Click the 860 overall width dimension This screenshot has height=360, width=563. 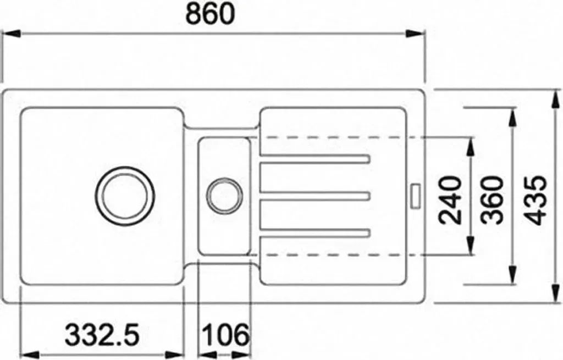210,14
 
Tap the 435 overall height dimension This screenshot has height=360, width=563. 536,200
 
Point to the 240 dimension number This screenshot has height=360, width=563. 450,200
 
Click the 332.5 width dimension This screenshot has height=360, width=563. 102,335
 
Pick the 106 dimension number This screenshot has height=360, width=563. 225,335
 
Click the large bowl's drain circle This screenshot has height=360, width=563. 125,196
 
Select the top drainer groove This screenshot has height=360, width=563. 314,159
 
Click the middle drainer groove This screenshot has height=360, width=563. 314,196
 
